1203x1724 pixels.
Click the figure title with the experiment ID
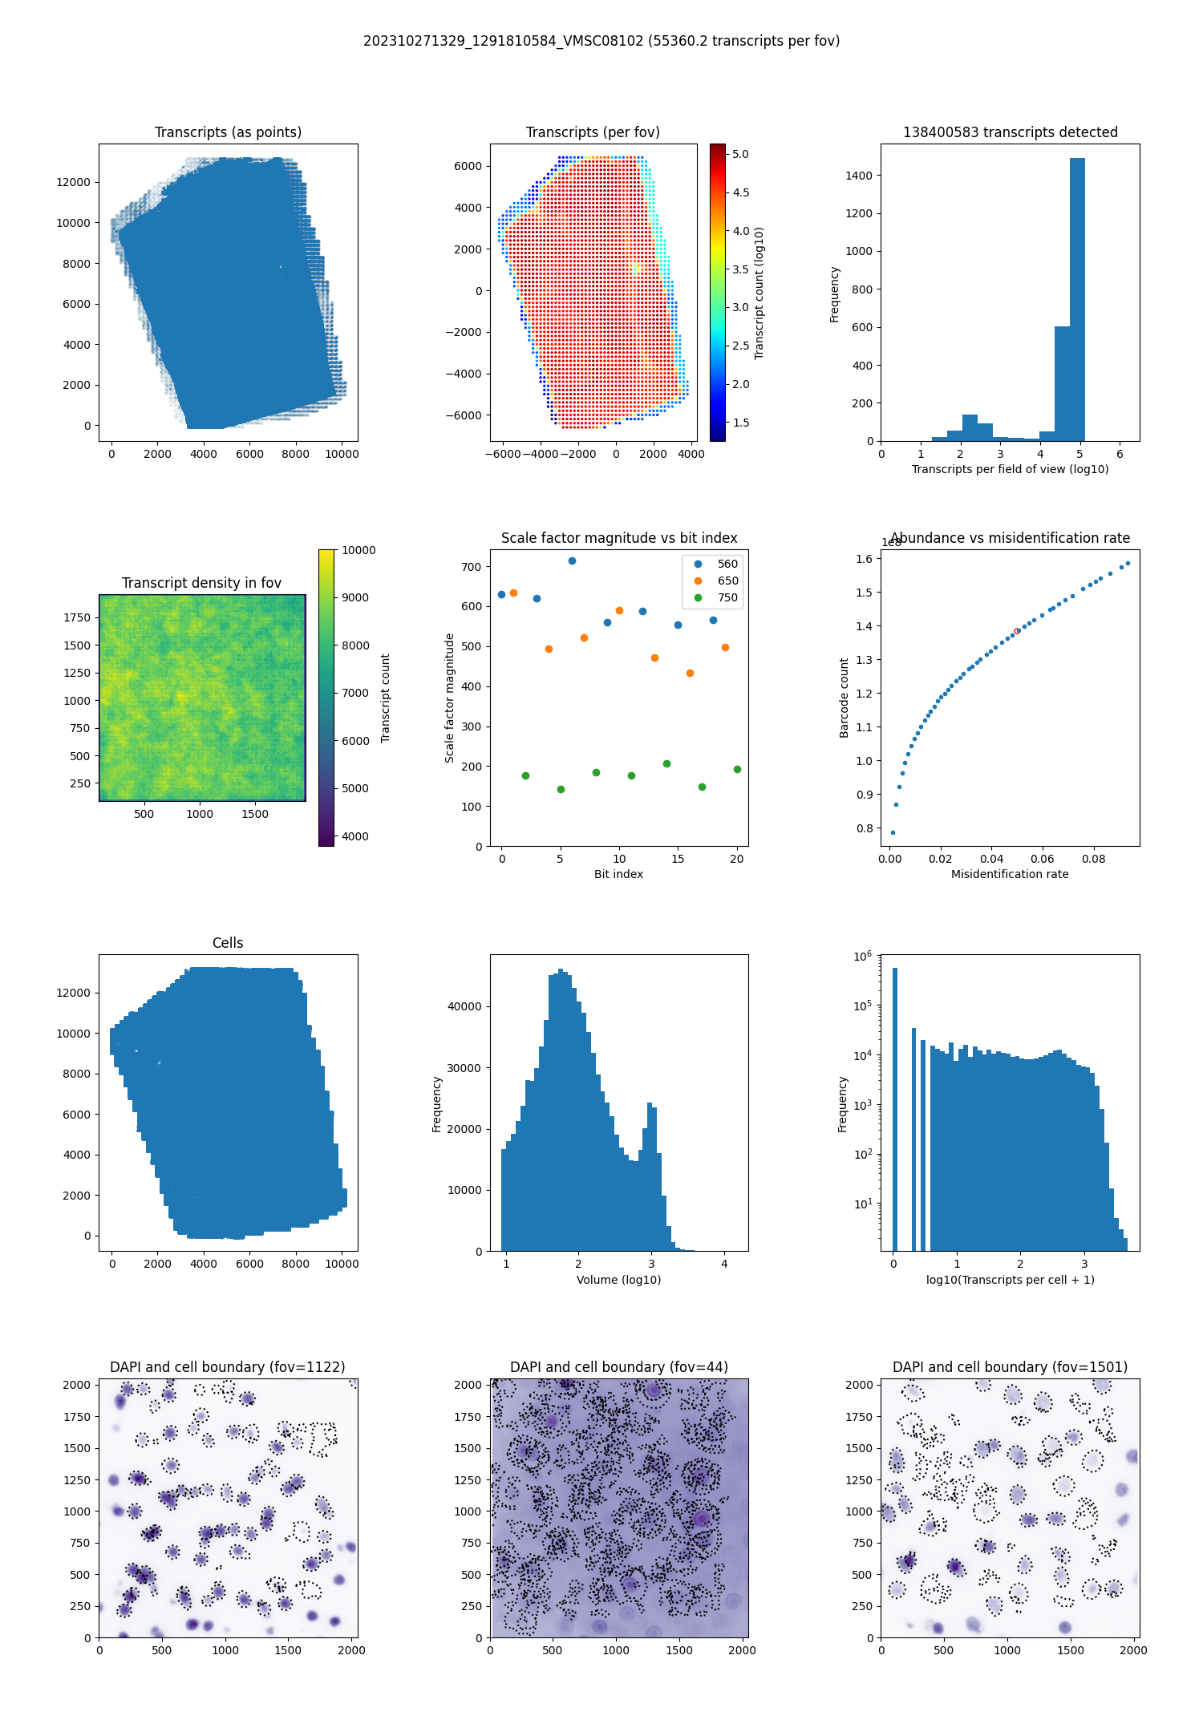point(601,41)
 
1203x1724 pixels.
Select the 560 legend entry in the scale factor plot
point(727,564)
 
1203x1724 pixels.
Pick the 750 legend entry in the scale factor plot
point(727,597)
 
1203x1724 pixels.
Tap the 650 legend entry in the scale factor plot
point(727,581)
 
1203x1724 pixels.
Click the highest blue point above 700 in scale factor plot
point(572,561)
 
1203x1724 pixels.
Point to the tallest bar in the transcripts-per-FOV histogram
point(1077,299)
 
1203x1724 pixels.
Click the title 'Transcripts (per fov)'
point(593,132)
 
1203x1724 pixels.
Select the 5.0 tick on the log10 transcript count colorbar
point(740,154)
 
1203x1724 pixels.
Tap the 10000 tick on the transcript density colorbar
point(358,550)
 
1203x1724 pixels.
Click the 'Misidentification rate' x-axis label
point(1010,874)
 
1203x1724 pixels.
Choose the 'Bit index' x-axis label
point(618,874)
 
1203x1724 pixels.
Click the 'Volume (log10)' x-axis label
point(618,1280)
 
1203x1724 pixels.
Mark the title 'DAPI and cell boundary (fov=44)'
point(618,1367)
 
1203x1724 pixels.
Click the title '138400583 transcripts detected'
point(1010,132)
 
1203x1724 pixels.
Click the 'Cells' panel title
point(228,943)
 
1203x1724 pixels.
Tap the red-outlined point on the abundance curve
point(1017,631)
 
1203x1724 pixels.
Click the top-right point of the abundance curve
point(1128,563)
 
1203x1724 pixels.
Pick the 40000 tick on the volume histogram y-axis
point(464,1006)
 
